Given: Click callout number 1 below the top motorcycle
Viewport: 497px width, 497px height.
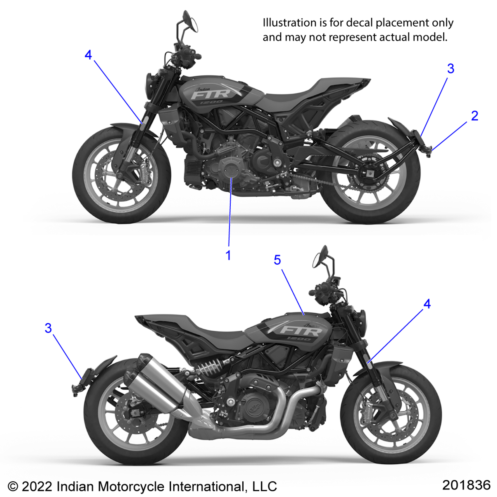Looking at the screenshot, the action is point(228,255).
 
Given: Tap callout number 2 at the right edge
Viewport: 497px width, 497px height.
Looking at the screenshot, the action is point(474,116).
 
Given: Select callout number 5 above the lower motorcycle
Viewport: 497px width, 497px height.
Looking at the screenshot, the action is point(277,260).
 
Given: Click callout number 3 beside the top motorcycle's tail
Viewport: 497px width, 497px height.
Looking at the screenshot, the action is point(451,69).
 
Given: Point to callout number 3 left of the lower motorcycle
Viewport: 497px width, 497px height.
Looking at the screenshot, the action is point(48,328).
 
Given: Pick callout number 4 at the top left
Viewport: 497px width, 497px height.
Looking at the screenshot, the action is point(88,55).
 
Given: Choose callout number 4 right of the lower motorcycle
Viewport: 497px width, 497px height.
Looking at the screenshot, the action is point(427,304).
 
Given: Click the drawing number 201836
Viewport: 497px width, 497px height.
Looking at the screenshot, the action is point(466,485).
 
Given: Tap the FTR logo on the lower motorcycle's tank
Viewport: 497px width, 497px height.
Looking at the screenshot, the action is point(301,331).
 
